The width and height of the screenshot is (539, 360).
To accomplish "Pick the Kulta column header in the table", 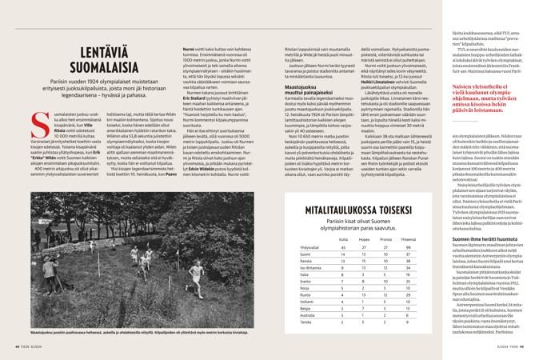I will pyautogui.click(x=343, y=238).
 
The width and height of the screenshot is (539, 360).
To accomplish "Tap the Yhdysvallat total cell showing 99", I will pyautogui.click(x=410, y=246).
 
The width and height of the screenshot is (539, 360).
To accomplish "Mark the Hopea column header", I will pyautogui.click(x=363, y=238).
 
